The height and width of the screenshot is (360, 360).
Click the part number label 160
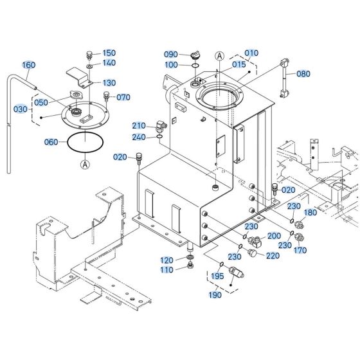pyautogui.click(x=29, y=65)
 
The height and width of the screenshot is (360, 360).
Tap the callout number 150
pyautogui.click(x=109, y=53)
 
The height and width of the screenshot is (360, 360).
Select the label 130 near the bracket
pyautogui.click(x=109, y=83)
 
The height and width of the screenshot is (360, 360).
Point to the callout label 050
pyautogui.click(x=40, y=103)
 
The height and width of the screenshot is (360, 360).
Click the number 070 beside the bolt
pyautogui.click(x=123, y=97)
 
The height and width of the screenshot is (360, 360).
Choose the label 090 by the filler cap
pyautogui.click(x=170, y=55)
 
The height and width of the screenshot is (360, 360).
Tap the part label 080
pyautogui.click(x=303, y=74)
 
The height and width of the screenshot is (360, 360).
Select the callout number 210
pyautogui.click(x=139, y=125)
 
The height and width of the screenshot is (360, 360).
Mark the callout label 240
pyautogui.click(x=139, y=136)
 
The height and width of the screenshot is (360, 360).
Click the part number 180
pyautogui.click(x=310, y=212)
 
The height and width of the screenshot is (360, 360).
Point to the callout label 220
pyautogui.click(x=273, y=255)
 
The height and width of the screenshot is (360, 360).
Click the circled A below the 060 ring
pyautogui.click(x=85, y=164)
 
